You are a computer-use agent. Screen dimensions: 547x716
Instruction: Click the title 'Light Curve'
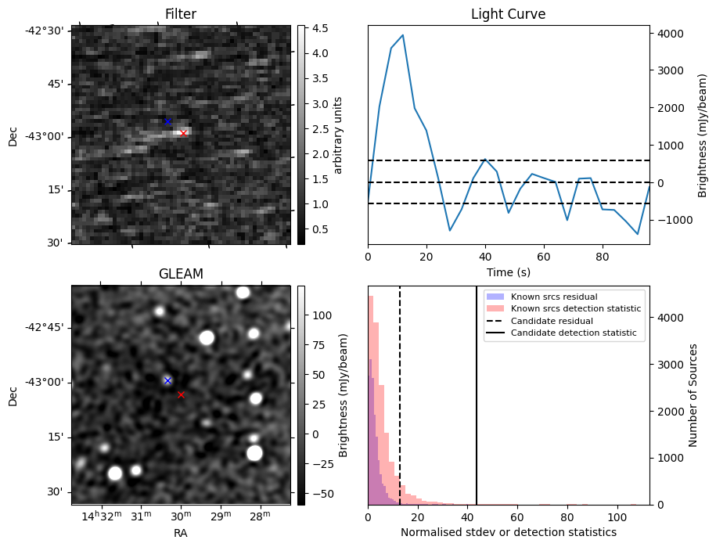(x=508, y=14)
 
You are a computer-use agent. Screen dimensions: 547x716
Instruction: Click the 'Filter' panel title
(x=180, y=14)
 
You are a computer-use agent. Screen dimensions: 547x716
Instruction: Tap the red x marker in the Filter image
(x=183, y=133)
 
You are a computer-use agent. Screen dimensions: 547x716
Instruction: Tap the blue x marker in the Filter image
(x=167, y=121)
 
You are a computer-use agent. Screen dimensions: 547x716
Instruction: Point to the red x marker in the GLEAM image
(x=181, y=394)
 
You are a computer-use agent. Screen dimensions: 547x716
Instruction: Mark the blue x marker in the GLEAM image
(x=167, y=380)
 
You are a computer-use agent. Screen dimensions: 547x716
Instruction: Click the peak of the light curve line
(x=402, y=35)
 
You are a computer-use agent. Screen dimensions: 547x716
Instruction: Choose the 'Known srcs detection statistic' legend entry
(x=576, y=309)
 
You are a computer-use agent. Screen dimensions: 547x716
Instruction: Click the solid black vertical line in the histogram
(x=477, y=407)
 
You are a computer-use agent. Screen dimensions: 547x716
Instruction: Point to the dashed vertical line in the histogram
(x=400, y=407)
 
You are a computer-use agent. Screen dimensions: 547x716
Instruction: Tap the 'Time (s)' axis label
(x=508, y=272)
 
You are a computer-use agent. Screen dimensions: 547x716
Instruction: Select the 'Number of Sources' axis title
(x=693, y=395)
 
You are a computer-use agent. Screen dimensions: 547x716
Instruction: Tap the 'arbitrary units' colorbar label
(x=338, y=135)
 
